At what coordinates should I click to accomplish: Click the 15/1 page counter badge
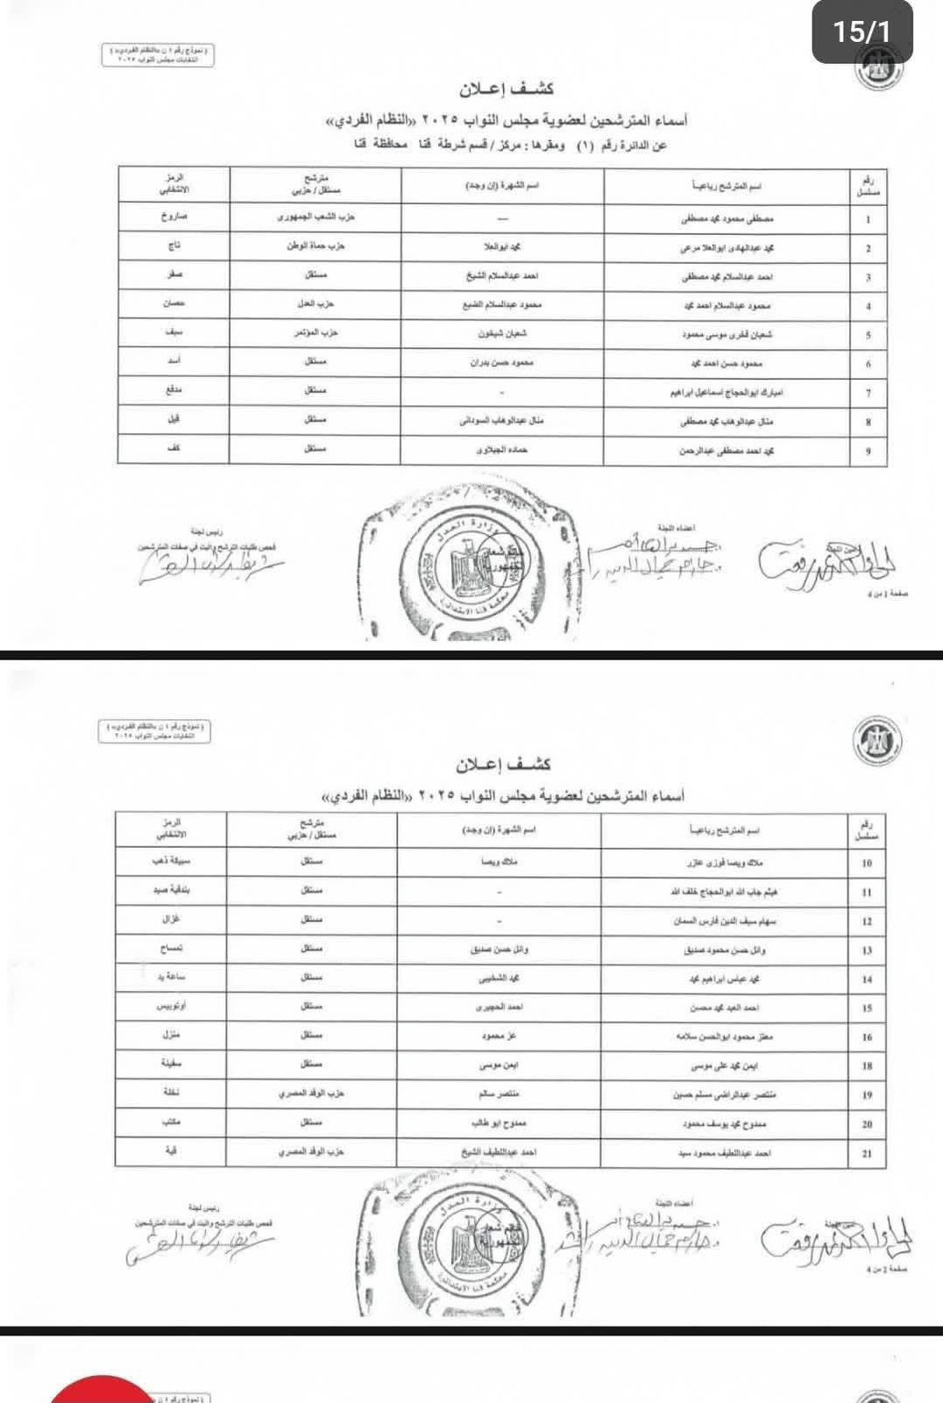click(x=861, y=32)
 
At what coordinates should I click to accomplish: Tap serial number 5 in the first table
click(x=868, y=335)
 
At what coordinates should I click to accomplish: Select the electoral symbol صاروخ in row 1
click(x=174, y=217)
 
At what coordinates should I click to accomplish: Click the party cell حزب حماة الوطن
click(x=316, y=246)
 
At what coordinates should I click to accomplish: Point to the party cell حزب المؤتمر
click(x=316, y=334)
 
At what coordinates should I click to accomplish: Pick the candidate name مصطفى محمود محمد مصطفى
click(x=727, y=218)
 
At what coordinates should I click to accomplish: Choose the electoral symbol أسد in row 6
click(x=174, y=361)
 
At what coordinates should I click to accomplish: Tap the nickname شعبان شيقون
click(x=502, y=334)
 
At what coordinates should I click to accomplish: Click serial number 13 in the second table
click(x=867, y=951)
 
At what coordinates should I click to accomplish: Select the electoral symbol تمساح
click(x=171, y=949)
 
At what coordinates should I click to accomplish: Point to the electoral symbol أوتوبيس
click(x=171, y=1007)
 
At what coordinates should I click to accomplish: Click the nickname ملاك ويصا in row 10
click(x=500, y=862)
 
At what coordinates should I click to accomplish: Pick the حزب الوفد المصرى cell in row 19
click(x=312, y=1094)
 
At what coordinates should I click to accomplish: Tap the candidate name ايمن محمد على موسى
click(x=725, y=1066)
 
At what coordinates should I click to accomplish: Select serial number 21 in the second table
click(x=867, y=1153)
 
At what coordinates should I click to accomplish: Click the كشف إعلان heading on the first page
click(x=506, y=89)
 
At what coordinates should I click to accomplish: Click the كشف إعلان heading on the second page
click(x=502, y=765)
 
